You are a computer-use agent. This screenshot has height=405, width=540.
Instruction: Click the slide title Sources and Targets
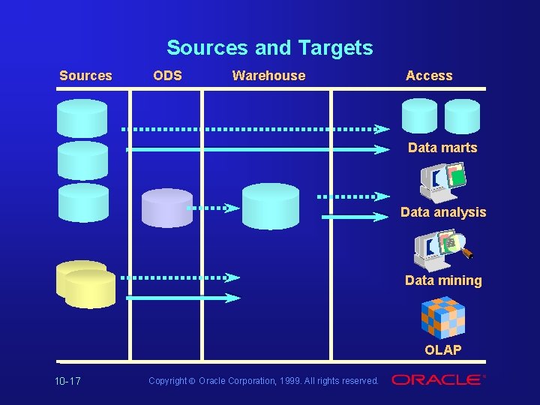[269, 48]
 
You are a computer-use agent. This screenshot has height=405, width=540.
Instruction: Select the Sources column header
[85, 76]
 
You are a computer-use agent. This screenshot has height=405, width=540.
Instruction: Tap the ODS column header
[167, 76]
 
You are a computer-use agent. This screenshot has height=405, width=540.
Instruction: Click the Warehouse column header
[268, 76]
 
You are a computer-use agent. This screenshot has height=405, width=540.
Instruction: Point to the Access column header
[429, 76]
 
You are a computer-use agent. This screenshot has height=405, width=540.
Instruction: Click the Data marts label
[442, 148]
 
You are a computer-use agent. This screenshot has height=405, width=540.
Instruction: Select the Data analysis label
[442, 212]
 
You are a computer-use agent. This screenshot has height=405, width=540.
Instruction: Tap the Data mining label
[443, 280]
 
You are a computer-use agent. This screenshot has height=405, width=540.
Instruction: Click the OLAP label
[442, 349]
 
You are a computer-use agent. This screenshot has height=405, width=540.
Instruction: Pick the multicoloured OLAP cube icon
[442, 317]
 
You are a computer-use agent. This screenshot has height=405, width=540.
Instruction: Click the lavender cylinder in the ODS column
[167, 208]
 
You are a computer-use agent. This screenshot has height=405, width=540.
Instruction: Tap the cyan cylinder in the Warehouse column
[270, 205]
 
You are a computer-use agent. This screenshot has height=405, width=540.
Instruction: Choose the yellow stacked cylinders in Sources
[85, 284]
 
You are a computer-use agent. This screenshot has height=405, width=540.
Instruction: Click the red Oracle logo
[437, 380]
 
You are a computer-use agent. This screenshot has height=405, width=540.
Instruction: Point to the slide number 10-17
[67, 382]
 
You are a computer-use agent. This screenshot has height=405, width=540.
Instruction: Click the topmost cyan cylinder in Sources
[82, 118]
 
